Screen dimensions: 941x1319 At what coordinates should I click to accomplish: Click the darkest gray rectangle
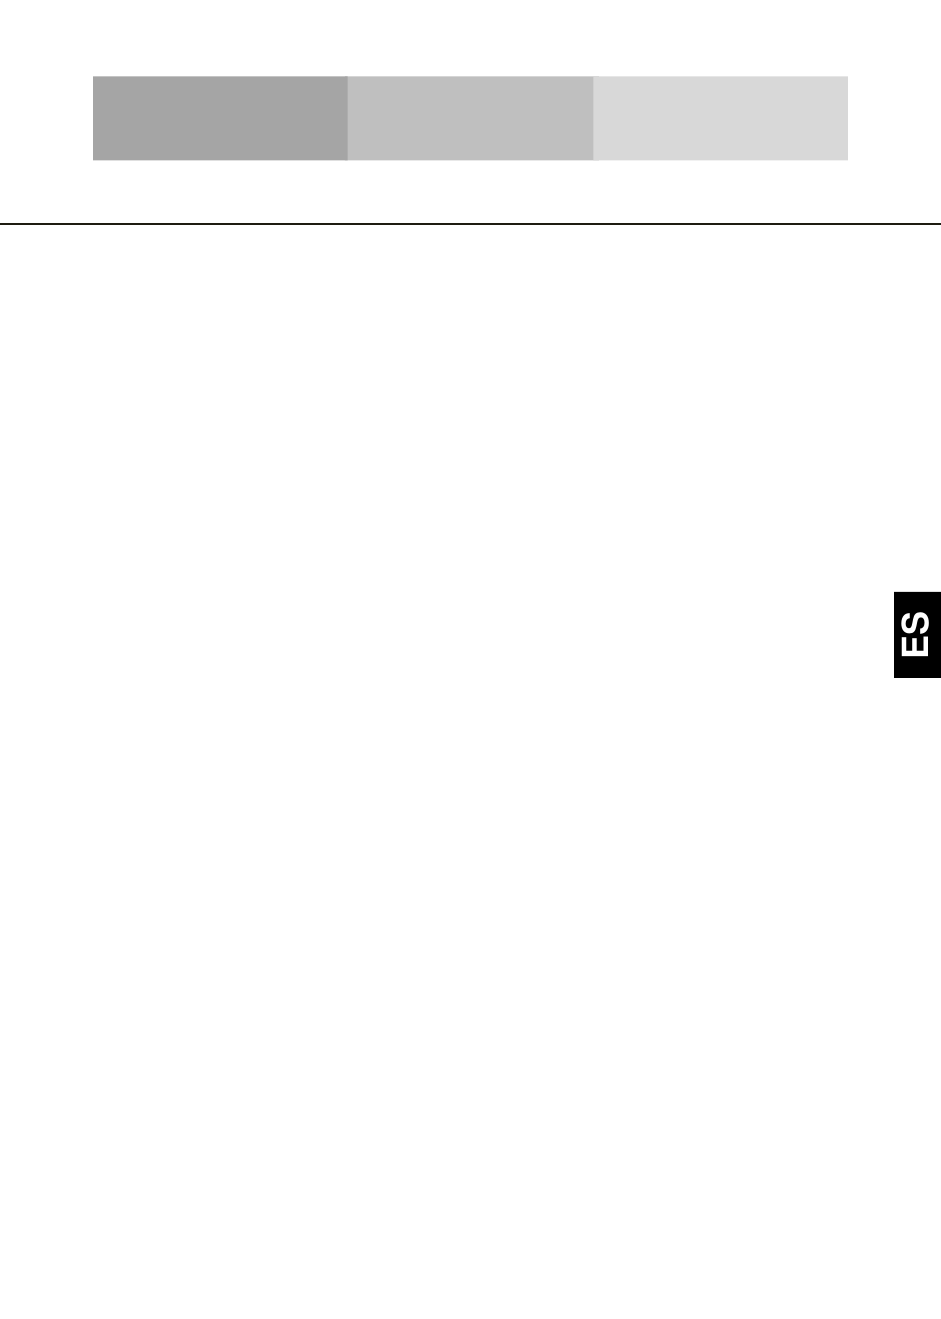[x=220, y=118]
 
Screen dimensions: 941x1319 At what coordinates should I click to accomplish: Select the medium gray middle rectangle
[x=470, y=118]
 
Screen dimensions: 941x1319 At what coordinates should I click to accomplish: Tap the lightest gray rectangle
[x=721, y=118]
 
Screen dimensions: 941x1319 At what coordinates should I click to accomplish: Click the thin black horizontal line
[x=470, y=224]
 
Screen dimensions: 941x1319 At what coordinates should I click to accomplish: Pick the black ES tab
[x=917, y=634]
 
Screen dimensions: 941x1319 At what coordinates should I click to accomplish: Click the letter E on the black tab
[x=915, y=646]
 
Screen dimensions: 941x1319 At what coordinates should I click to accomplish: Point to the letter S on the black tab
[x=915, y=623]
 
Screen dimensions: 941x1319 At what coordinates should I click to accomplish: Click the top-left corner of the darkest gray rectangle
[x=93, y=76]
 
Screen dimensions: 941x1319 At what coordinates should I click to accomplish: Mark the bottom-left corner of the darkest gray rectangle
[x=93, y=160]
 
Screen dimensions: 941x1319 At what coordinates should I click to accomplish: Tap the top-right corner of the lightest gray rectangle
[x=848, y=76]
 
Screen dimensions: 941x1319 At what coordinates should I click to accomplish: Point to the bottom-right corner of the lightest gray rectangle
[x=848, y=160]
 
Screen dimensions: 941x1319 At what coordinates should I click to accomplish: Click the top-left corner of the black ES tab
[x=894, y=592]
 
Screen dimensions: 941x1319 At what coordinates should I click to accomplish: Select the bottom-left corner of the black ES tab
[x=894, y=678]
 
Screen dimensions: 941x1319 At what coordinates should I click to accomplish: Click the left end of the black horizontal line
[x=0, y=224]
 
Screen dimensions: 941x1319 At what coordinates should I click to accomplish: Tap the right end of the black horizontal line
[x=940, y=224]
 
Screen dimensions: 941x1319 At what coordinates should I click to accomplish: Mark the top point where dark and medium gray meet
[x=348, y=76]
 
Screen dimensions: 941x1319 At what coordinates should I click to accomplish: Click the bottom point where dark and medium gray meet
[x=348, y=160]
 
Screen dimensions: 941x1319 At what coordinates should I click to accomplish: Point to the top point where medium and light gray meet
[x=593, y=76]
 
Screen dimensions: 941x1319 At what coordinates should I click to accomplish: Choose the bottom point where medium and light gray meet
[x=593, y=160]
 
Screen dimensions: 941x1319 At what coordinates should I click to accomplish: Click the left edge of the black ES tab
[x=894, y=634]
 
